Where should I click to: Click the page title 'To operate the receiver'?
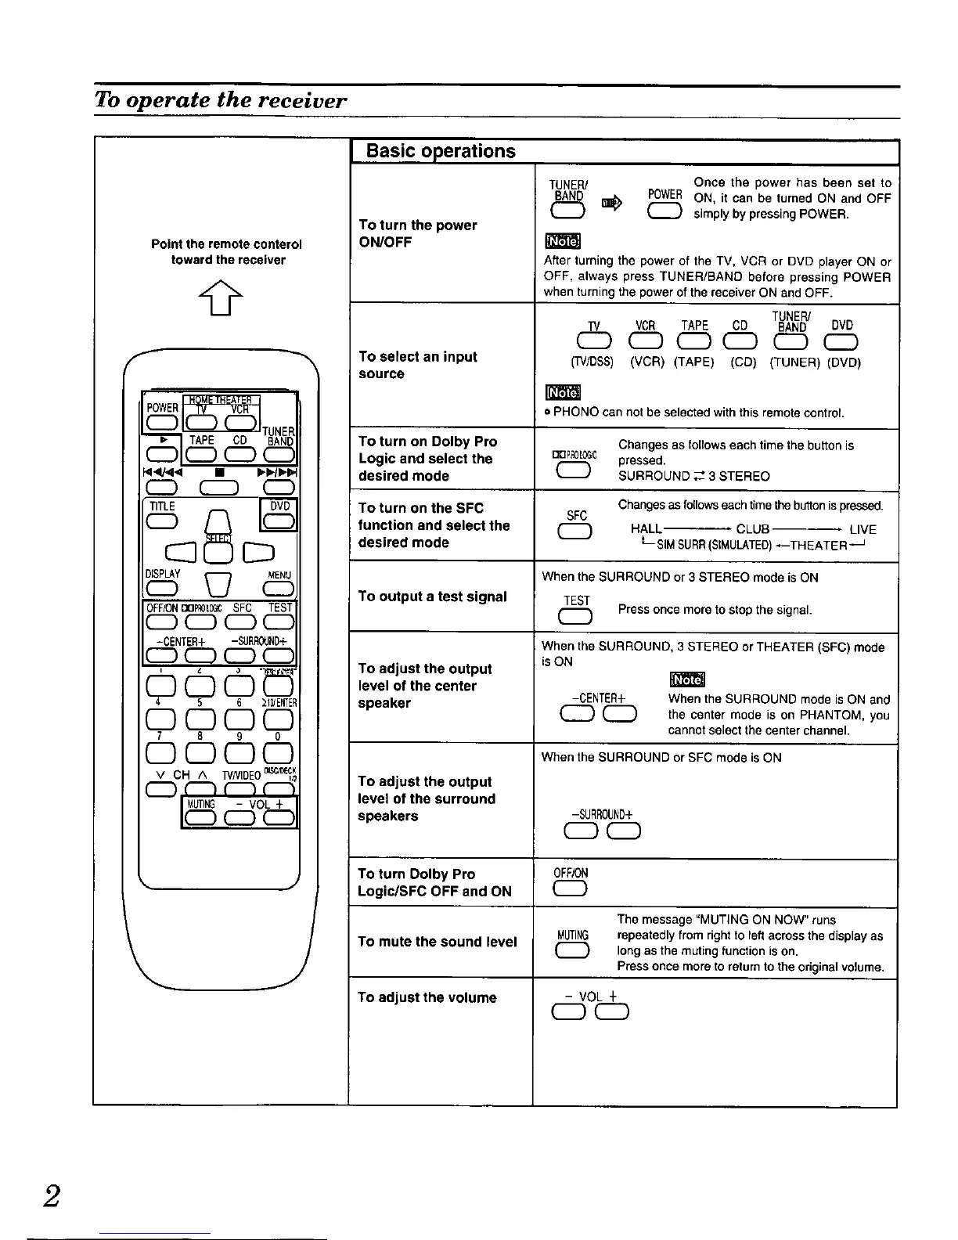click(220, 101)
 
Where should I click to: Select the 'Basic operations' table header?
click(441, 151)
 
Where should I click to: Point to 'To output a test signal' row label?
click(432, 597)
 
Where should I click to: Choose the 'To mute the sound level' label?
click(437, 942)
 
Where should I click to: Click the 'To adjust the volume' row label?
click(427, 997)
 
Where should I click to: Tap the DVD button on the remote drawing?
click(280, 521)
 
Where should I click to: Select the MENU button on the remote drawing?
click(280, 589)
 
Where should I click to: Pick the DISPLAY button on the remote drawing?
click(162, 589)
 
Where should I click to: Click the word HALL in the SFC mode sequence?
click(646, 529)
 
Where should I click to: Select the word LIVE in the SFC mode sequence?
click(863, 529)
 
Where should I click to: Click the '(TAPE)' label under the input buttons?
click(694, 362)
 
